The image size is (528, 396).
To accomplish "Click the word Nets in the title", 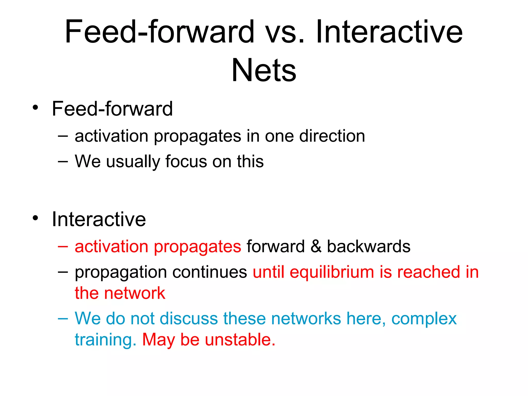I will point(264,70).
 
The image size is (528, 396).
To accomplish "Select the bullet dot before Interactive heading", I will point(35,218).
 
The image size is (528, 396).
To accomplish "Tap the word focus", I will point(186,161).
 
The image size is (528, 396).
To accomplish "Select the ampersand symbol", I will point(316,246).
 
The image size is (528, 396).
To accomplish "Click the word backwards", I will point(369,246).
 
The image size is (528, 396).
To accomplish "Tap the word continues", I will point(210,272).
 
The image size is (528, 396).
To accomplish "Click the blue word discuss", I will point(189,318).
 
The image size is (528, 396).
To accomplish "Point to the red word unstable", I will point(240,340).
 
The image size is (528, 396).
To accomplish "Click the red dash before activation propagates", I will point(63,246).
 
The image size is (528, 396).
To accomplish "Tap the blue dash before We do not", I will point(63,319).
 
